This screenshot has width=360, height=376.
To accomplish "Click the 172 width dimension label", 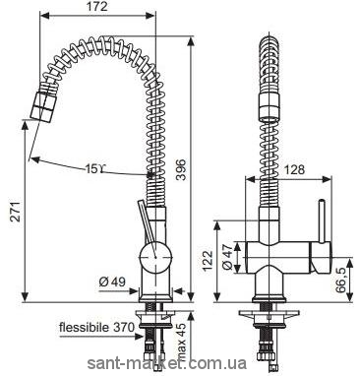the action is tap(98, 7).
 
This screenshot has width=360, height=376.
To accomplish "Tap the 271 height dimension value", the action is tap(16, 212).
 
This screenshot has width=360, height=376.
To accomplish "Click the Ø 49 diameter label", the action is tap(112, 282).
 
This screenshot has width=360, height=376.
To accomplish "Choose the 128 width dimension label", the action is tap(294, 169).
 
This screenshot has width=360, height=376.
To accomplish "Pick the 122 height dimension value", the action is tap(208, 261).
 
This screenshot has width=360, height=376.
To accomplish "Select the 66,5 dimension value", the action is tap(341, 279).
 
